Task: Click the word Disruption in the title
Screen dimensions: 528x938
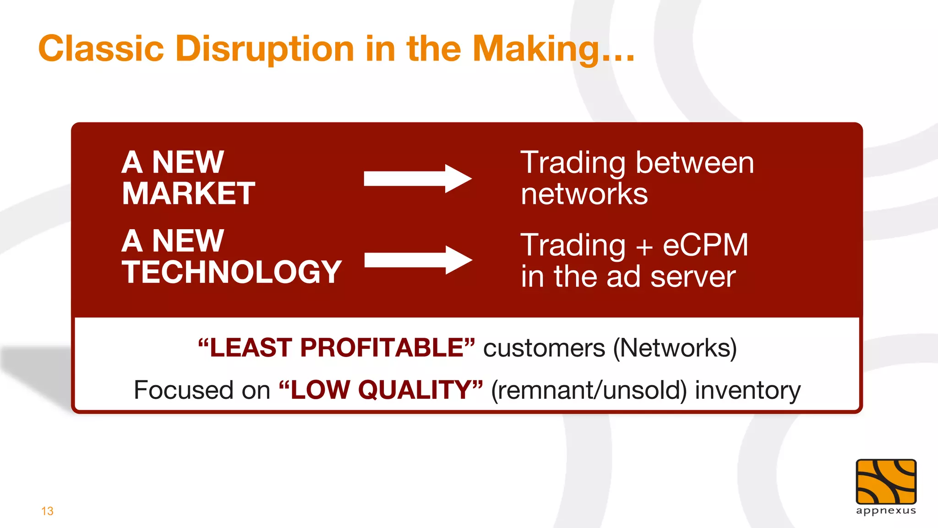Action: (x=265, y=49)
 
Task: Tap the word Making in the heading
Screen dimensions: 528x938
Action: (x=536, y=49)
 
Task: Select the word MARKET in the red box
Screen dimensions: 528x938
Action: (x=188, y=193)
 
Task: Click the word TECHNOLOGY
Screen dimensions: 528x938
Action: (x=232, y=272)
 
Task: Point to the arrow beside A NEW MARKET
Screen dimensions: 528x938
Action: (x=417, y=178)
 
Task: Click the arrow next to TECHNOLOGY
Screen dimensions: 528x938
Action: (x=418, y=260)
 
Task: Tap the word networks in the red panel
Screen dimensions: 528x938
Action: (x=584, y=194)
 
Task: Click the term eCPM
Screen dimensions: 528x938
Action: (x=705, y=245)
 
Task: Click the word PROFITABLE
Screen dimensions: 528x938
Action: (x=382, y=347)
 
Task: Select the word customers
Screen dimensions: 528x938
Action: (x=544, y=348)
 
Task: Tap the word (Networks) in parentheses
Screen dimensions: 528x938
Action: (x=675, y=348)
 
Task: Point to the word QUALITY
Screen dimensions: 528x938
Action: (x=414, y=390)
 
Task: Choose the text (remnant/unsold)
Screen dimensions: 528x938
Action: (x=589, y=390)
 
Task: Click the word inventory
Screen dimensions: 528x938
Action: (x=747, y=390)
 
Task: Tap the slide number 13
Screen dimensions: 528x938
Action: (x=47, y=511)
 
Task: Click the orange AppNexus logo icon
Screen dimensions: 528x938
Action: (x=886, y=482)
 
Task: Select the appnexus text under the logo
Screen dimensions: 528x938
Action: (x=886, y=511)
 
